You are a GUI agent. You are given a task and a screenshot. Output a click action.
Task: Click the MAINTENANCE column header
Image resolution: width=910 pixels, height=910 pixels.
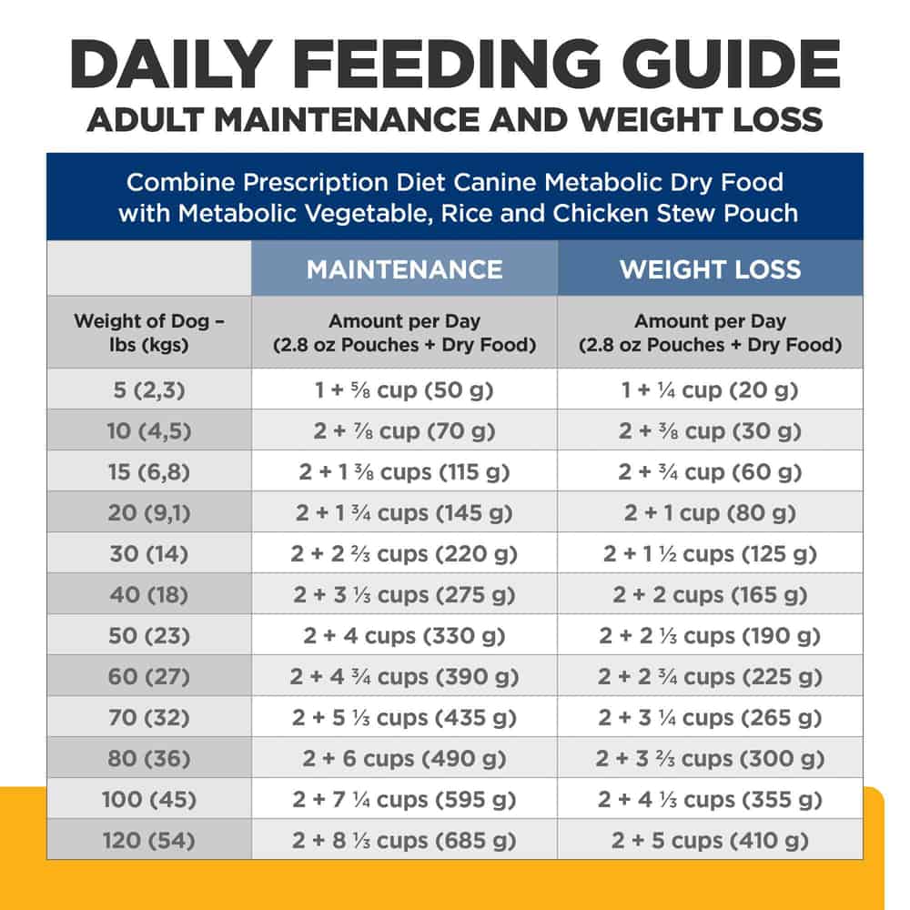(x=404, y=269)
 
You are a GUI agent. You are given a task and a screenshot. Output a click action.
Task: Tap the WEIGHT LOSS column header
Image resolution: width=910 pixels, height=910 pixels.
(x=710, y=269)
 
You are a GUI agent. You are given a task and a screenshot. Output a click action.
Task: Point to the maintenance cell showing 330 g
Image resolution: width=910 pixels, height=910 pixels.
(x=404, y=636)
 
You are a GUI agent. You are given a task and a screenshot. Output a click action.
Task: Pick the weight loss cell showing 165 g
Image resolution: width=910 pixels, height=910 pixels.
(x=710, y=595)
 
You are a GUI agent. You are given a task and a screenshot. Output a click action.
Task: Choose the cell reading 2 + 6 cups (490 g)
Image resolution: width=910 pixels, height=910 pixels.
(x=404, y=759)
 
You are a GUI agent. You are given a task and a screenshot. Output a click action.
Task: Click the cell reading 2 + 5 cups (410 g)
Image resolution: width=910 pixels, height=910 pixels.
(x=710, y=841)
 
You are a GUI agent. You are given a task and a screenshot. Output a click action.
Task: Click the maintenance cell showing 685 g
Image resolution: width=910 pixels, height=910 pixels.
(x=404, y=841)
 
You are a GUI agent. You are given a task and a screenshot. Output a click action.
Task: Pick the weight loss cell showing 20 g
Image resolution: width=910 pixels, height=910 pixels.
(x=710, y=390)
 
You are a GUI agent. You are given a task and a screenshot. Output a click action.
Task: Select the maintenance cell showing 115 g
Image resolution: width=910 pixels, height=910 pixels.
(x=404, y=472)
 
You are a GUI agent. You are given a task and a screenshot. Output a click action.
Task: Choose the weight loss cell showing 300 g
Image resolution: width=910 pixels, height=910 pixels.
(x=710, y=759)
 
